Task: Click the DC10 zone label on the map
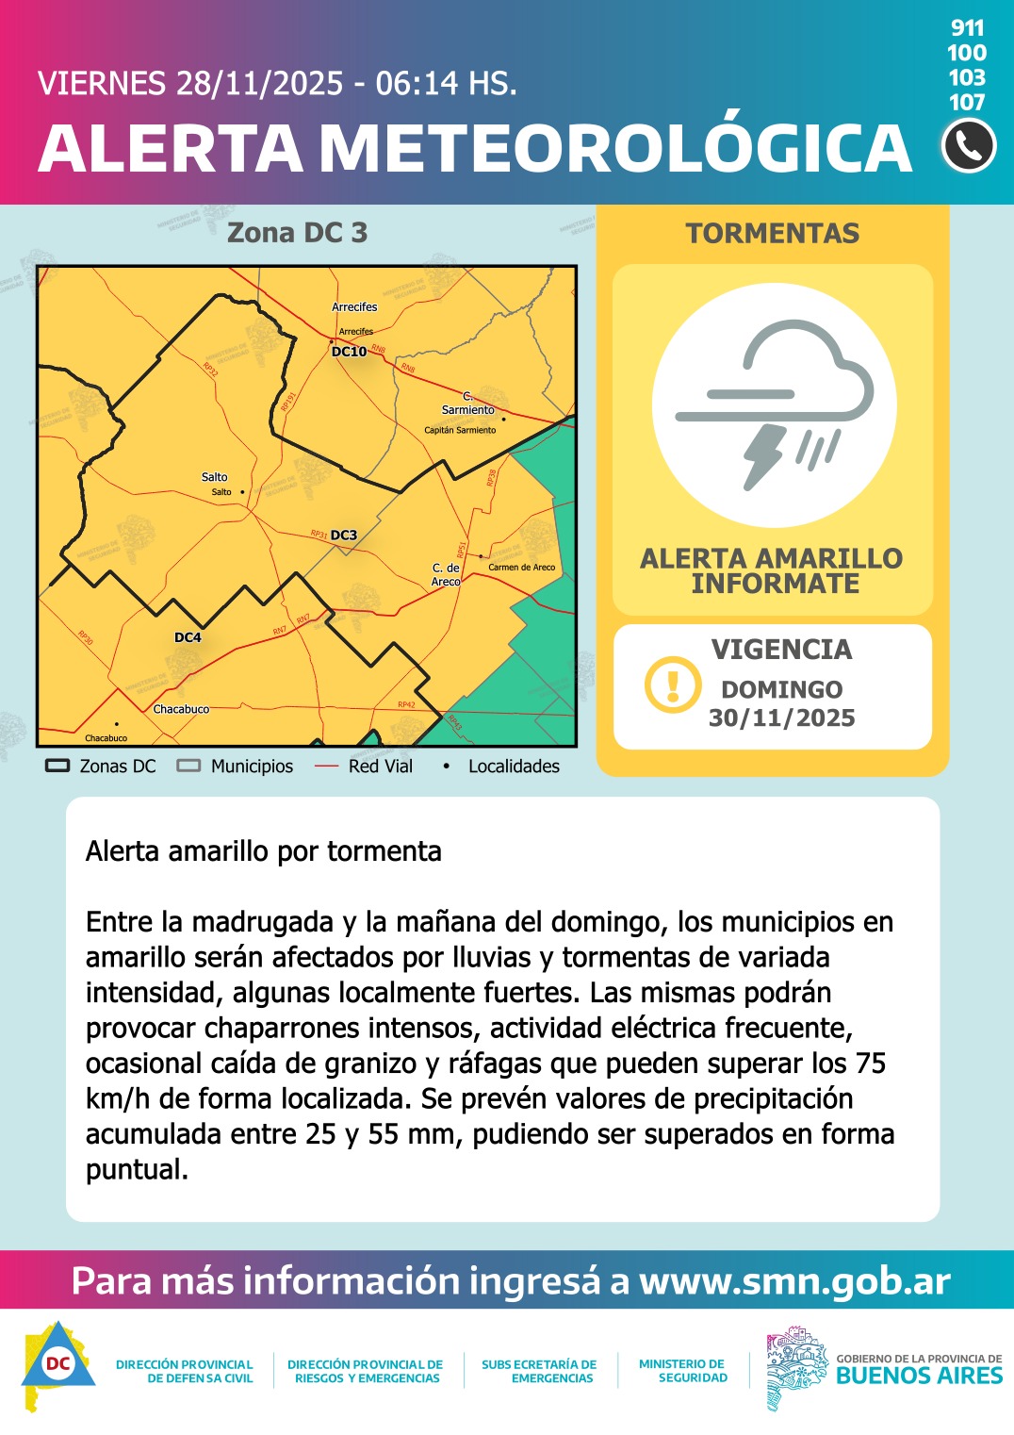(349, 352)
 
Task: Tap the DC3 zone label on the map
(344, 536)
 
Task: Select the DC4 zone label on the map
(188, 637)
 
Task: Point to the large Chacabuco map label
(181, 709)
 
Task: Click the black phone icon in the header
(968, 146)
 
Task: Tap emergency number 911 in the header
(968, 28)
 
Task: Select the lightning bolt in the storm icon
(764, 455)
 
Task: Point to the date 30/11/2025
(782, 718)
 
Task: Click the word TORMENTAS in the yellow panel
(773, 234)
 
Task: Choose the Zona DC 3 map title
(297, 233)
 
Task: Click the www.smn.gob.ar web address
(794, 1281)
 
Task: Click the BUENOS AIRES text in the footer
(919, 1376)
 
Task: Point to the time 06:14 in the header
(417, 84)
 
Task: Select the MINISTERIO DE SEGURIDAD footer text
(682, 1371)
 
